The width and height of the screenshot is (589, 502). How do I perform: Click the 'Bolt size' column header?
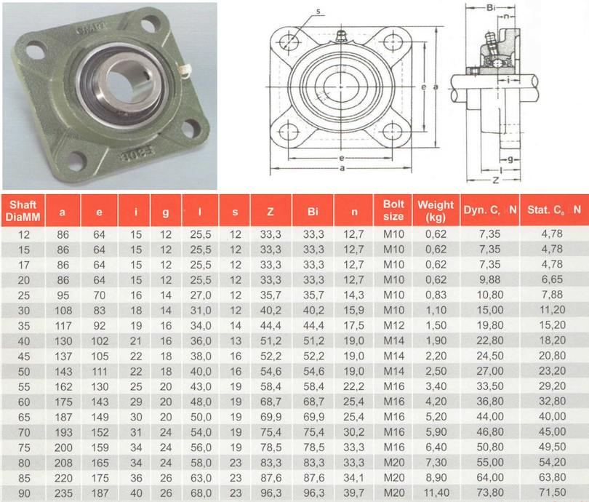click(393, 210)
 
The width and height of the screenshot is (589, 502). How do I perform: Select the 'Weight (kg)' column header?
click(436, 210)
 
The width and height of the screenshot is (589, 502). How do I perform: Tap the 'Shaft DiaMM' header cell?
click(23, 210)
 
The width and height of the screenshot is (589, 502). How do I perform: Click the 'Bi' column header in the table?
click(313, 212)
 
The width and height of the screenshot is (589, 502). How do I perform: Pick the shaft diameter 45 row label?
click(24, 356)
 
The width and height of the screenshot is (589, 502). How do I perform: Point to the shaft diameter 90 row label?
click(24, 493)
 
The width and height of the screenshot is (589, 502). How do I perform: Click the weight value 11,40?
click(436, 493)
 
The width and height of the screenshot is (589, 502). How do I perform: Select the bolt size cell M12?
click(393, 325)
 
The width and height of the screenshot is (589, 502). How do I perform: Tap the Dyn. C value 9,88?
click(490, 279)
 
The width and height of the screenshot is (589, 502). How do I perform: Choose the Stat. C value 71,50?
click(552, 493)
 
